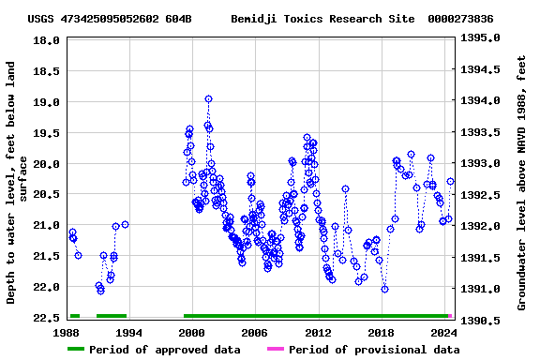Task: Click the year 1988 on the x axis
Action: click(x=67, y=333)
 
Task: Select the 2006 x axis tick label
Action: click(x=255, y=333)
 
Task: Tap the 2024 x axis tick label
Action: click(x=443, y=333)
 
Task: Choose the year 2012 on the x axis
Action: click(x=318, y=333)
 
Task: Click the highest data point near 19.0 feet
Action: click(x=208, y=98)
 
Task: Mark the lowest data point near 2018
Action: click(x=384, y=289)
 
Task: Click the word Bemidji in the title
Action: click(x=253, y=19)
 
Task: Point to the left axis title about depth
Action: click(x=17, y=183)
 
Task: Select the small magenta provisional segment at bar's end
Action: click(x=450, y=316)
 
